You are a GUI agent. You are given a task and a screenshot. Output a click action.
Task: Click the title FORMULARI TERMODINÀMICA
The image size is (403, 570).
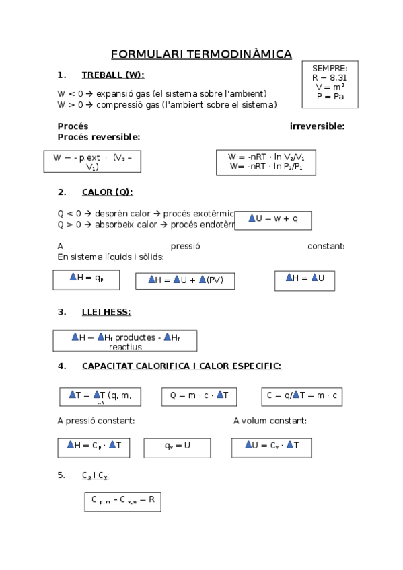[201, 54]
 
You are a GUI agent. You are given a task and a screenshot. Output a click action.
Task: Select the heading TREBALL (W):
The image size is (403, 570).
[112, 75]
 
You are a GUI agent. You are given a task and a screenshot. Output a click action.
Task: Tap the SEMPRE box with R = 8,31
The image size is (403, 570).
[330, 83]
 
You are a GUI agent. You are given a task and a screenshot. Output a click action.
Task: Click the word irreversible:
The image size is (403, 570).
[317, 126]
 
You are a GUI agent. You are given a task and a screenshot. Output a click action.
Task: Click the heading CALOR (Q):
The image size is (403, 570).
[107, 192]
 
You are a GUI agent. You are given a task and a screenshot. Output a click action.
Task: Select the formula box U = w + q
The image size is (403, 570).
[273, 218]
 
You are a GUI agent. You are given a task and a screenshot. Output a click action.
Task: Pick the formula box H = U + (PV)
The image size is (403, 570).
[185, 280]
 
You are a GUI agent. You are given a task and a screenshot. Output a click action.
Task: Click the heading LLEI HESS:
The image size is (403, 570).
[106, 311]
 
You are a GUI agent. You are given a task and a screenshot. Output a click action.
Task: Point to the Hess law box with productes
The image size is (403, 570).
[125, 341]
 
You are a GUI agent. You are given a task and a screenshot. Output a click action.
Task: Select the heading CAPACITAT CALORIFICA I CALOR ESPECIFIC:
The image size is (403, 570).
[181, 366]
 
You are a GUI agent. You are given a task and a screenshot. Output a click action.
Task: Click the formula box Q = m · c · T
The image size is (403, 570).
[199, 396]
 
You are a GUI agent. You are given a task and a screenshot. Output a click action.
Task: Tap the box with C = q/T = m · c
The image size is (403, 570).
[302, 396]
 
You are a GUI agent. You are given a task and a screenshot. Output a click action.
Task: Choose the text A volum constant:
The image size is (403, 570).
[270, 421]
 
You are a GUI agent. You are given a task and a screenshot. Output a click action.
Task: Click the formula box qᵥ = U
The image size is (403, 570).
[178, 446]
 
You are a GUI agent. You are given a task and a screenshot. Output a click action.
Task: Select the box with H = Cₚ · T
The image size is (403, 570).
[94, 446]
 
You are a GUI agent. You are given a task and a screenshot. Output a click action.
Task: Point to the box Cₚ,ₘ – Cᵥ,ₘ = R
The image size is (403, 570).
[122, 501]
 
